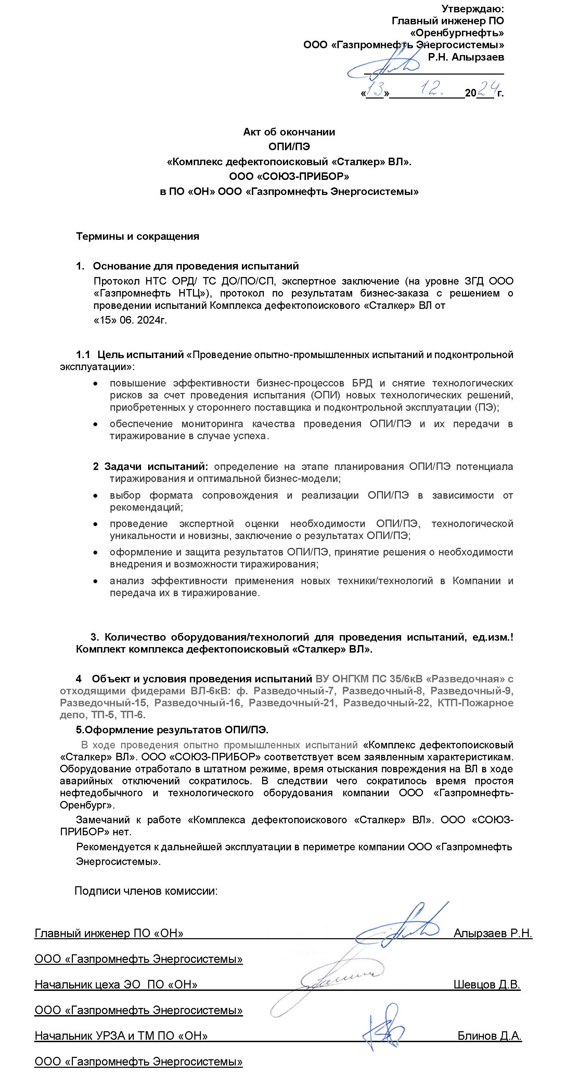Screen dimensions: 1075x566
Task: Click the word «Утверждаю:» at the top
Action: click(473, 9)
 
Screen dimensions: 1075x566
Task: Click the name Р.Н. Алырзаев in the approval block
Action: click(466, 57)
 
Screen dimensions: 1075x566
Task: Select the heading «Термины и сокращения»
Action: click(137, 237)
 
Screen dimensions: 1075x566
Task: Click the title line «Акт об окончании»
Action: click(289, 132)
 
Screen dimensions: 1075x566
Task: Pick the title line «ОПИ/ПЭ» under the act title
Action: click(289, 147)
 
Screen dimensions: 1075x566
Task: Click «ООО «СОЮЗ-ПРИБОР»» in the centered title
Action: click(289, 176)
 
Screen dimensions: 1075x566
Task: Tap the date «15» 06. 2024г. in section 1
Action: click(130, 320)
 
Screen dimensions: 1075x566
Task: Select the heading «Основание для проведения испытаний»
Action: click(195, 266)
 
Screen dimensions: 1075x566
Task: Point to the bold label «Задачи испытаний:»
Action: click(151, 467)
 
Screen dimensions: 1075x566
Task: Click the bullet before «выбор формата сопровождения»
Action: click(95, 496)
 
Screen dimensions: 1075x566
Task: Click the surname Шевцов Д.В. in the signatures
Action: click(487, 985)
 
